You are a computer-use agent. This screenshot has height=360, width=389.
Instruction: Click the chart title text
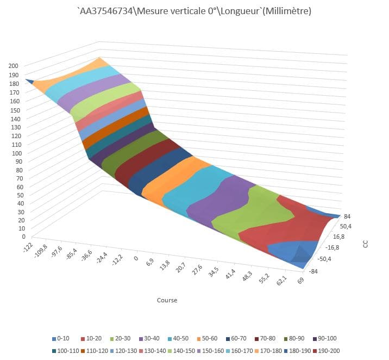click(194, 11)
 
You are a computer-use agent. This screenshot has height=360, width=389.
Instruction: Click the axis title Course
click(167, 300)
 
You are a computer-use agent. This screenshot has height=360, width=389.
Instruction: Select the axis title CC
click(366, 244)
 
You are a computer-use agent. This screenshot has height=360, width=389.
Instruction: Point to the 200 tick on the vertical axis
click(14, 66)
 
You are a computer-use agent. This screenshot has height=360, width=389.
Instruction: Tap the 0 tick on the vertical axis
click(23, 237)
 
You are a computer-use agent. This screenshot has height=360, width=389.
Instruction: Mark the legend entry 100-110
click(65, 351)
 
